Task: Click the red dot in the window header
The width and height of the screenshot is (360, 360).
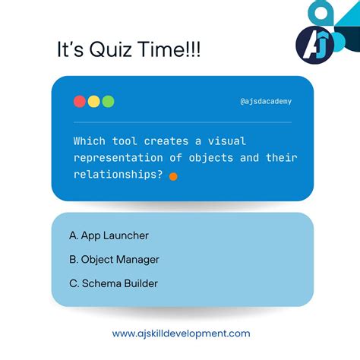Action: [79, 101]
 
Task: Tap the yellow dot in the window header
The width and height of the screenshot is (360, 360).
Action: [93, 101]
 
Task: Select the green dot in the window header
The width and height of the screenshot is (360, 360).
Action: [108, 101]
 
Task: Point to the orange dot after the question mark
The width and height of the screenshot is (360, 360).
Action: [173, 176]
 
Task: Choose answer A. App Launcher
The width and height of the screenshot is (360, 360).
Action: [109, 235]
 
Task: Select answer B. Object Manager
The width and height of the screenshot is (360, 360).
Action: [115, 260]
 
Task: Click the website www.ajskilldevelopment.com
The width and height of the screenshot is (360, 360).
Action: [181, 333]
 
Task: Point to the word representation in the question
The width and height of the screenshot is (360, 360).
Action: [125, 158]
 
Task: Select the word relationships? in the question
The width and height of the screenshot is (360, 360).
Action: [119, 175]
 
